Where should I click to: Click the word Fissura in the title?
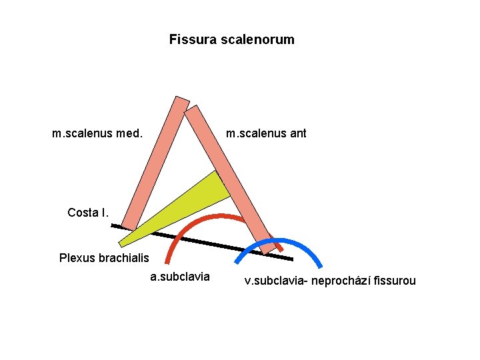pyautogui.click(x=189, y=40)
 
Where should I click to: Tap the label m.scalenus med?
pyautogui.click(x=97, y=133)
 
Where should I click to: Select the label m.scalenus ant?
pyautogui.click(x=266, y=133)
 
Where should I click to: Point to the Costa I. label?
pyautogui.click(x=88, y=213)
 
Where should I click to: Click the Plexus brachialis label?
pyautogui.click(x=105, y=257)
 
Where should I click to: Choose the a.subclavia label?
pyautogui.click(x=180, y=277)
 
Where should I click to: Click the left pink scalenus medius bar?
pyautogui.click(x=155, y=163)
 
